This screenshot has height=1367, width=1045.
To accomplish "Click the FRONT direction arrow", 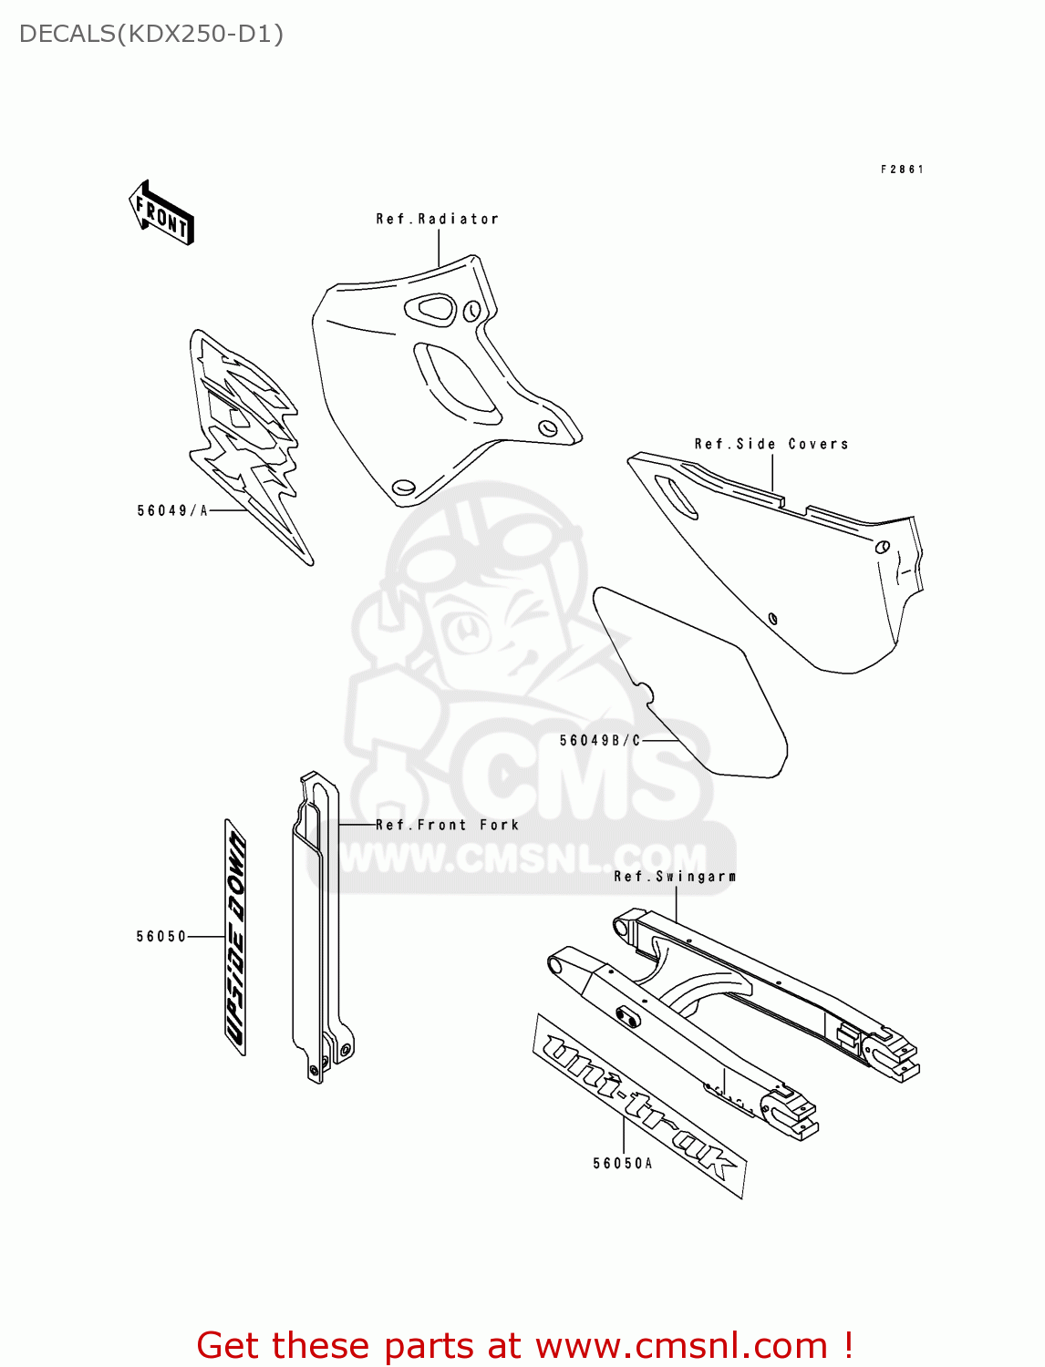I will pyautogui.click(x=162, y=213).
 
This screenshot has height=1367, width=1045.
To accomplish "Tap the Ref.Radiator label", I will pyautogui.click(x=437, y=219).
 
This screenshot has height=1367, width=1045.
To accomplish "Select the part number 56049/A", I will pyautogui.click(x=172, y=510).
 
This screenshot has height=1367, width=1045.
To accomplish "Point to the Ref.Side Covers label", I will pyautogui.click(x=771, y=444).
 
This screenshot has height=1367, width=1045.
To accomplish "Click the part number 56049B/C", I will pyautogui.click(x=600, y=740).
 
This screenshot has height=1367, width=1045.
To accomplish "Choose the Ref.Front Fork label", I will pyautogui.click(x=447, y=825).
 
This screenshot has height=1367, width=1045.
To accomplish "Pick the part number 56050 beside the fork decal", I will pyautogui.click(x=160, y=936).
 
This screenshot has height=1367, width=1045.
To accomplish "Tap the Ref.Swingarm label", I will pyautogui.click(x=675, y=876).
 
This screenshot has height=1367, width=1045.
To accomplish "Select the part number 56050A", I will pyautogui.click(x=623, y=1163).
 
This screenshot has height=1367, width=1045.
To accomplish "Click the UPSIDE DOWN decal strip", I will pyautogui.click(x=235, y=937).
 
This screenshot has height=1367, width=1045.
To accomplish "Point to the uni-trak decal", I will pyautogui.click(x=639, y=1105).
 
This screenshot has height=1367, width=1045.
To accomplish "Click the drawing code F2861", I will pyautogui.click(x=902, y=170).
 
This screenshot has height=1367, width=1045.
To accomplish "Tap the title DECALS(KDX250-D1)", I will pyautogui.click(x=151, y=34).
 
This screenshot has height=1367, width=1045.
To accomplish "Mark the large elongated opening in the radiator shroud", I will pyautogui.click(x=456, y=383).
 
